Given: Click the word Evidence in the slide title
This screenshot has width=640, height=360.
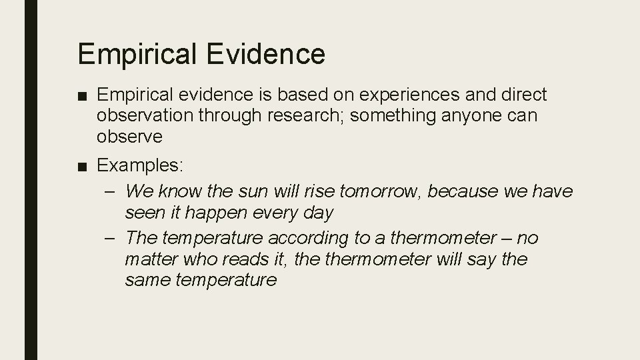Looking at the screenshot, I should [267, 54].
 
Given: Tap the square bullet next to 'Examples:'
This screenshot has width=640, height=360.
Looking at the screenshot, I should [82, 165].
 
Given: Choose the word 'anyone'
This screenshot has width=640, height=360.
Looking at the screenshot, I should [481, 116].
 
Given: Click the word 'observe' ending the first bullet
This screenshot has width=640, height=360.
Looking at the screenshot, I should [129, 137].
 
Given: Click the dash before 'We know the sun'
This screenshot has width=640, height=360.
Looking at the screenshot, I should [111, 192].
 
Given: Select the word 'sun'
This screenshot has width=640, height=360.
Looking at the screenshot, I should [251, 192].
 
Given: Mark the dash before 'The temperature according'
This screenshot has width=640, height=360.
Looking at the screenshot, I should [111, 238].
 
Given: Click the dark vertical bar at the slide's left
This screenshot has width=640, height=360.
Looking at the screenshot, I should [31, 180].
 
